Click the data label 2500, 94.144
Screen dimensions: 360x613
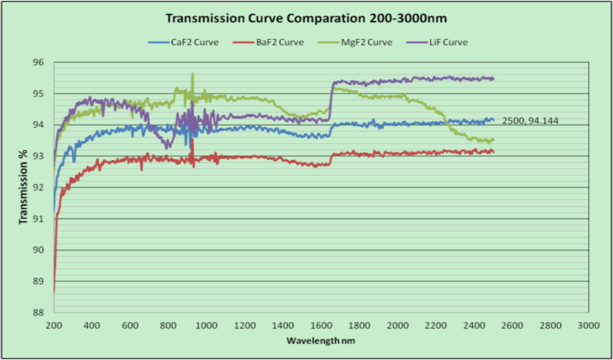(x=528, y=121)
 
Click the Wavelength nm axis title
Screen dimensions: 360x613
(x=320, y=340)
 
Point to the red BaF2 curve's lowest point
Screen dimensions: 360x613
(x=54, y=292)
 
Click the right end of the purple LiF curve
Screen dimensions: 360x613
(x=493, y=79)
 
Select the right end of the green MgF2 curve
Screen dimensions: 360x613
(x=493, y=139)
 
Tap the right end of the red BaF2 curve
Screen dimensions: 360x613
(x=493, y=152)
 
